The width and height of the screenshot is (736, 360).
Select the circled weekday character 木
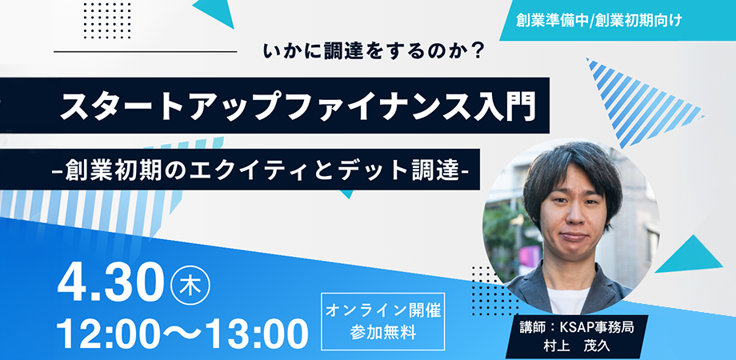[190, 285]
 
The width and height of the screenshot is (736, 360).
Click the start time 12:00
[111, 334]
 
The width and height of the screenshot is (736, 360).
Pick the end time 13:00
[254, 334]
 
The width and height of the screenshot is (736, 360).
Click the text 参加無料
[383, 332]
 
